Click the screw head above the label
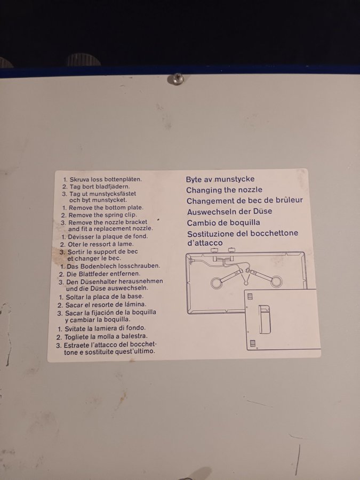pyautogui.click(x=177, y=79)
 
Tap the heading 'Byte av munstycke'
pyautogui.click(x=220, y=179)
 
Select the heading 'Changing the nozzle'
pyautogui.click(x=224, y=190)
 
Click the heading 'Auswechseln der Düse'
pyautogui.click(x=229, y=212)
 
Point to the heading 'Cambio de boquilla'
pyautogui.click(x=223, y=222)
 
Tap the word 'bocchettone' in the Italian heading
pyautogui.click(x=274, y=233)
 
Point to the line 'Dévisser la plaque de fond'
pyautogui.click(x=105, y=236)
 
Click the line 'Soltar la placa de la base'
pyautogui.click(x=101, y=297)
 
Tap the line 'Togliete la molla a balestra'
pyautogui.click(x=102, y=337)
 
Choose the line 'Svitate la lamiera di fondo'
pyautogui.click(x=102, y=329)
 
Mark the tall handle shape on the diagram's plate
pyautogui.click(x=265, y=319)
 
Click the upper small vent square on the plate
pyautogui.click(x=250, y=297)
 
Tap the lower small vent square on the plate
pyautogui.click(x=253, y=343)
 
